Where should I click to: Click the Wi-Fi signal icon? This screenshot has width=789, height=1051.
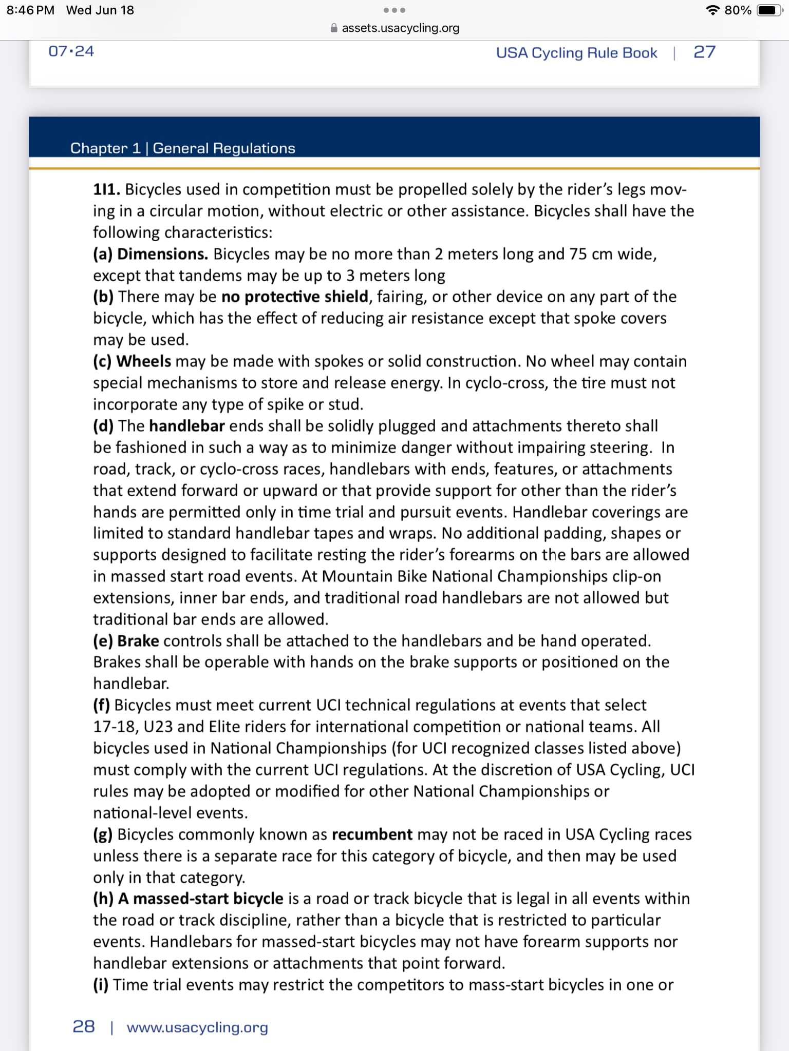pos(712,10)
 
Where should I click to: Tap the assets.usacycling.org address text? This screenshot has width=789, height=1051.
pos(400,28)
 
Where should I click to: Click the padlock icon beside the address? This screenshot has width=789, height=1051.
pos(334,28)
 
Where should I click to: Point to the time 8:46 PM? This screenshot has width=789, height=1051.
pos(30,10)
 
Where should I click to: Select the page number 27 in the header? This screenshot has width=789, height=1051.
pos(704,52)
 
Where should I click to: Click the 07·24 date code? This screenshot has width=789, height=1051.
pos(71,51)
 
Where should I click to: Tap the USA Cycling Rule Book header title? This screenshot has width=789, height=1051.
pos(576,53)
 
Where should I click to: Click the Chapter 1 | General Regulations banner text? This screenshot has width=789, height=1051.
pos(183,148)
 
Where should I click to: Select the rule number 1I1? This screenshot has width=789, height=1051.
pos(106,190)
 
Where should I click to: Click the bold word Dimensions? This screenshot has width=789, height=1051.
pos(162,255)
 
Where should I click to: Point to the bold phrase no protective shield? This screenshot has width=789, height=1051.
pos(295,297)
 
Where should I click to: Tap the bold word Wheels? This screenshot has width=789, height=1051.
pos(144,362)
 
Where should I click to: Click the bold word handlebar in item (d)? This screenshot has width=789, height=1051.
pos(187,426)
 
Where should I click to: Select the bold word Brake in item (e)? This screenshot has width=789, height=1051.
pos(138,641)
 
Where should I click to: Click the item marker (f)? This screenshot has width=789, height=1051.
pos(101,706)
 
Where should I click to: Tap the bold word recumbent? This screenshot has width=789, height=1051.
pos(372,835)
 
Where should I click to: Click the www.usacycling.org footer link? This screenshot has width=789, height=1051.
pos(197,1027)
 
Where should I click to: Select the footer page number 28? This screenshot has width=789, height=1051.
pos(84,1027)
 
